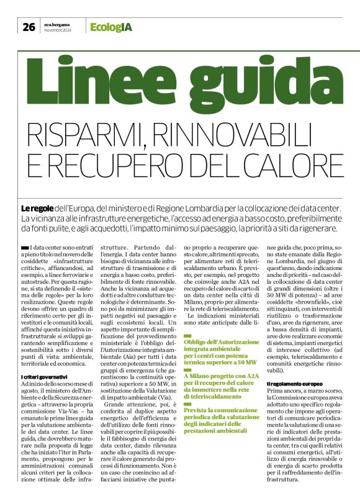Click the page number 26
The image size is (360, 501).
pos(28,26)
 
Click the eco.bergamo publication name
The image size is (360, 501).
pos(58,24)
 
